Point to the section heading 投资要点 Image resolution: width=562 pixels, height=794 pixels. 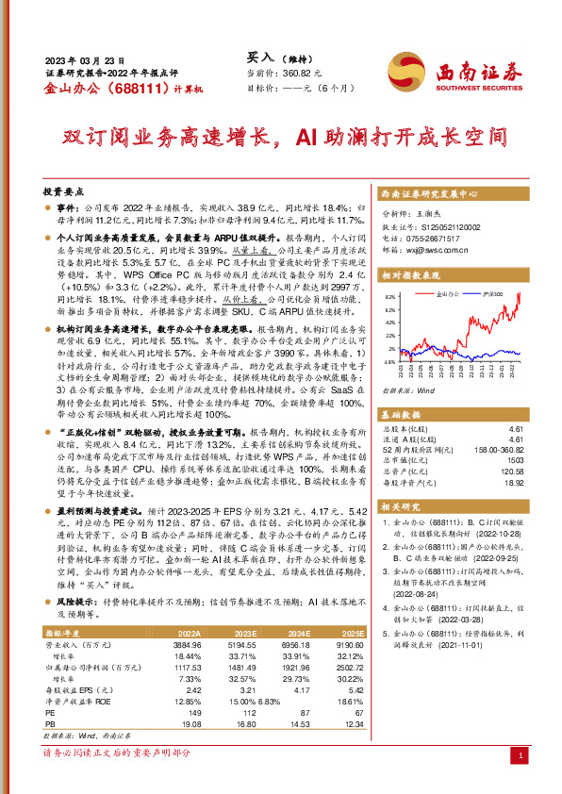63,190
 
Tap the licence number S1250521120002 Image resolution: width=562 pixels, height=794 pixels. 443,227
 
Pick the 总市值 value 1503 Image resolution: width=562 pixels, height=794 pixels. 515,459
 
